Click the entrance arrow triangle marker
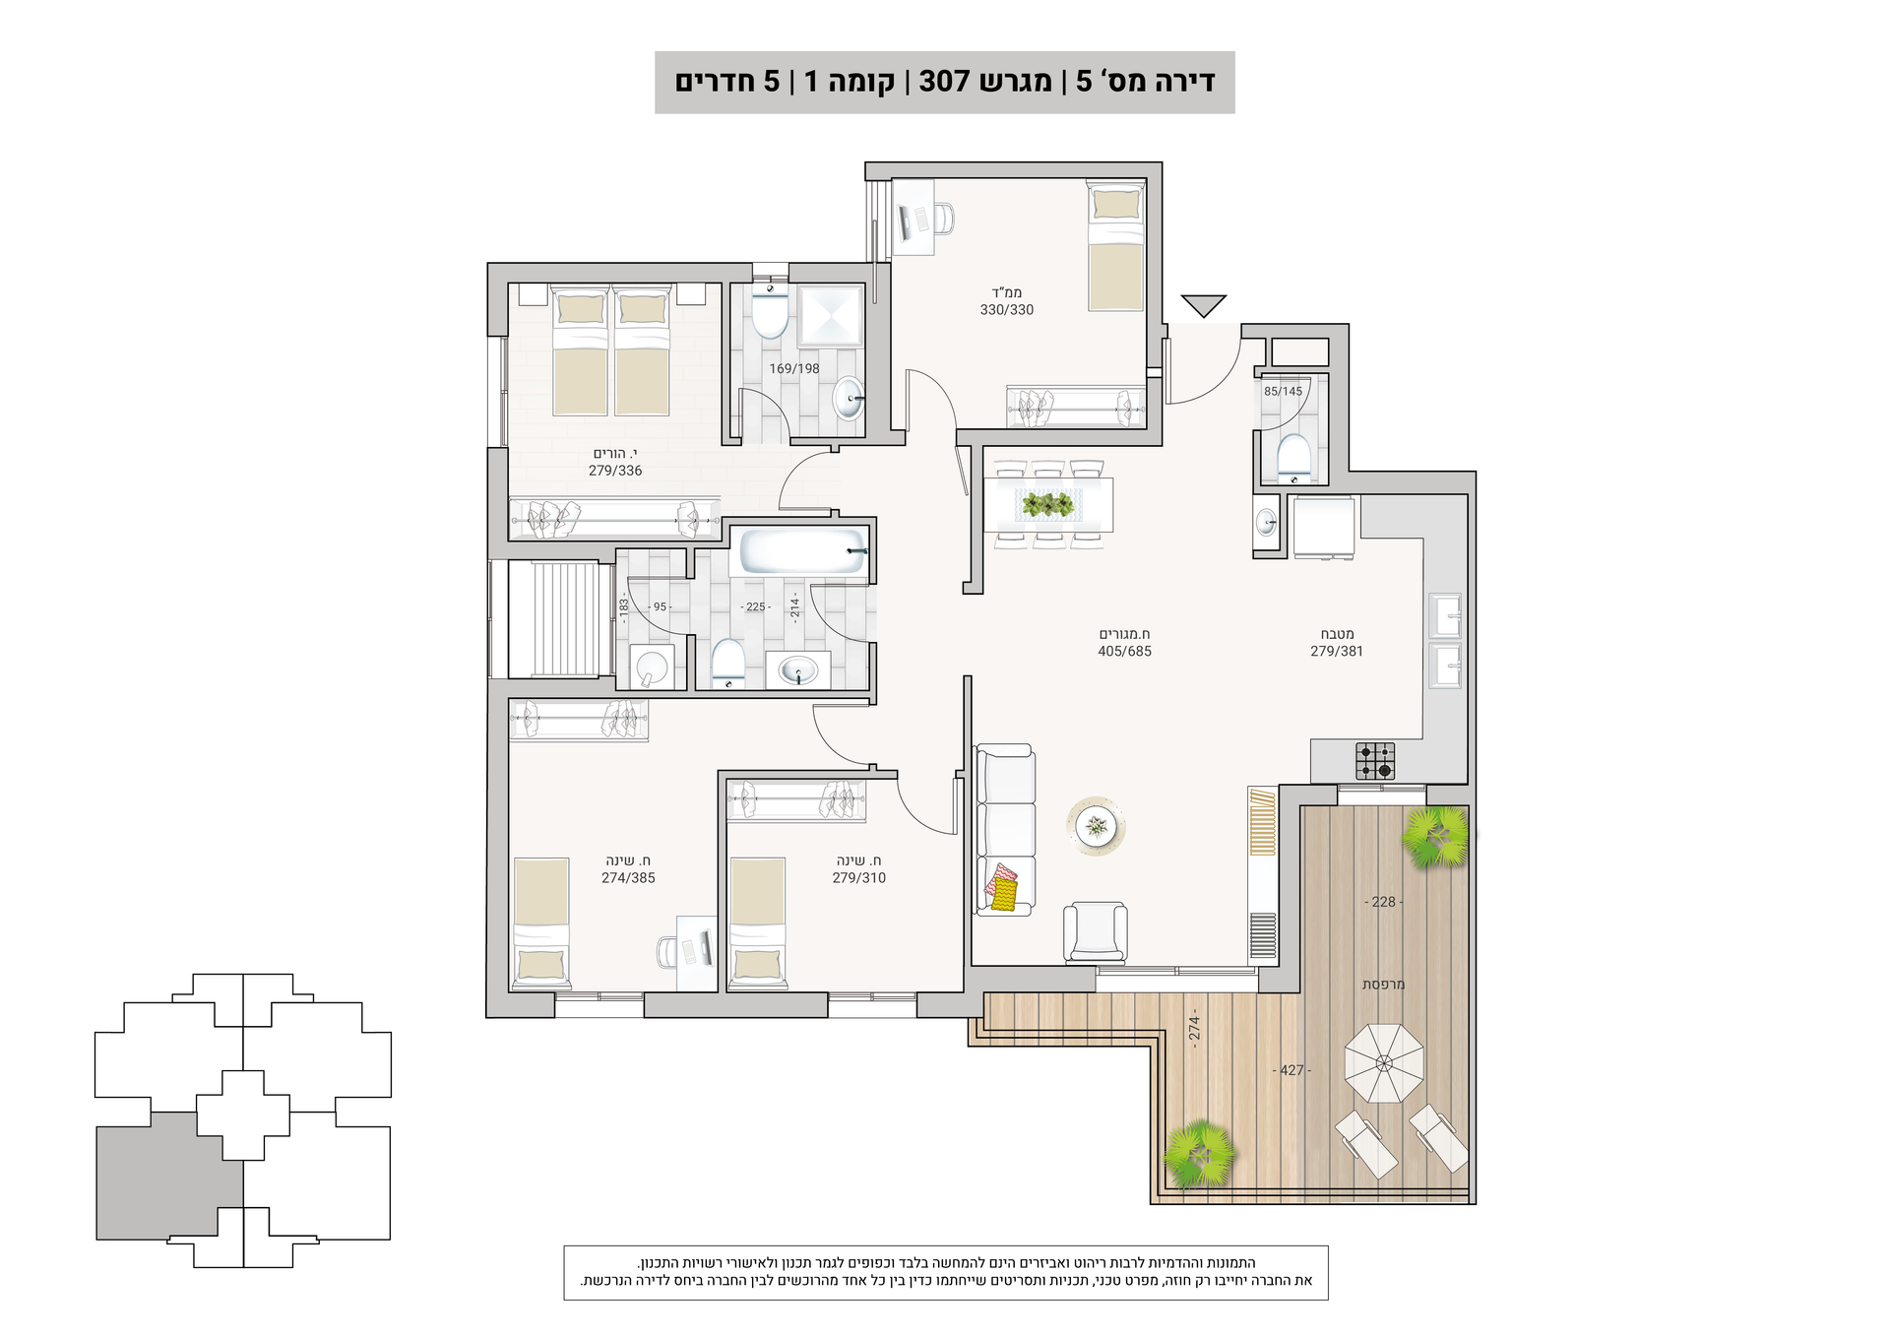[1203, 305]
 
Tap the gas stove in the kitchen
[1374, 760]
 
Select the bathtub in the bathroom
[803, 552]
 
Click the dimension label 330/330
[1006, 310]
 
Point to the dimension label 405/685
[1124, 652]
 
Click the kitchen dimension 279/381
[1337, 652]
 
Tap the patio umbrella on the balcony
[1384, 1063]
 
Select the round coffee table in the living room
[1096, 826]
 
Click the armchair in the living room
[1095, 931]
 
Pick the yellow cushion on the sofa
[1004, 894]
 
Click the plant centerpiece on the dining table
[1047, 505]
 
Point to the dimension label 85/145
[1283, 392]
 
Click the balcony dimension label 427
[1291, 1070]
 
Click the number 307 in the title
[944, 81]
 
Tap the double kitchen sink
[1445, 640]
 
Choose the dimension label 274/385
[628, 878]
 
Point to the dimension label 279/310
[859, 878]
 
